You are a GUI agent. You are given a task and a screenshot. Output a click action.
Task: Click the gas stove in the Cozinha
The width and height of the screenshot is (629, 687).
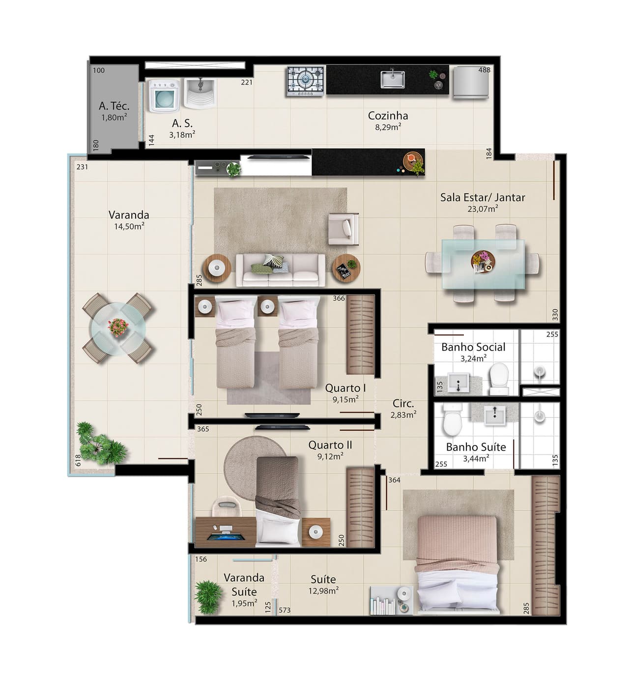point(305,81)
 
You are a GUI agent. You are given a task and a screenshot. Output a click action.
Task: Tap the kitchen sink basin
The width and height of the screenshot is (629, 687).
point(393,79)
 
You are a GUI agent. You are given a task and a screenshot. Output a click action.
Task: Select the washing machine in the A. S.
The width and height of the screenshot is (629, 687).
point(164,96)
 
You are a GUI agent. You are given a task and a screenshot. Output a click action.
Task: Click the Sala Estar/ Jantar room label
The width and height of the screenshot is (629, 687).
point(482,197)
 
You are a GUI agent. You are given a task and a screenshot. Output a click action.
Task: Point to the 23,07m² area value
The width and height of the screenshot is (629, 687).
point(483,209)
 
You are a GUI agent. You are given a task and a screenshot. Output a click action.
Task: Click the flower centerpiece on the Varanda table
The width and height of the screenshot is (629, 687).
point(118,327)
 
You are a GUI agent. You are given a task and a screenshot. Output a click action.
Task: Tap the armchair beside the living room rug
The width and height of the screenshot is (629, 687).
point(343,229)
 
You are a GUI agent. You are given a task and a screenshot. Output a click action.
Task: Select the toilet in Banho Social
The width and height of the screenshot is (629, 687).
point(499,379)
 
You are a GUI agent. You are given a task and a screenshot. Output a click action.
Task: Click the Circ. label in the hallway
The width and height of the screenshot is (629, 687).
point(403,403)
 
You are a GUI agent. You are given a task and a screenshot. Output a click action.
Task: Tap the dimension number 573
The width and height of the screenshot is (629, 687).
point(285,610)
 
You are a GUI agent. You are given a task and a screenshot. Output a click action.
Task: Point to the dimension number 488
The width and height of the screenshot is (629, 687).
point(484,70)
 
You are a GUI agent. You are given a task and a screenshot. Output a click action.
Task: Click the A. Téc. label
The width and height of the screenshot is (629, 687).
point(114,106)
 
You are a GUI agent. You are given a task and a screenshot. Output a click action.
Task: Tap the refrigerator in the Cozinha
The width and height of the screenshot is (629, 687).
point(471,83)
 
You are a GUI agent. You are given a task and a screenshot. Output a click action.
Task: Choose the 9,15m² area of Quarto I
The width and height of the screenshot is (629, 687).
point(345,399)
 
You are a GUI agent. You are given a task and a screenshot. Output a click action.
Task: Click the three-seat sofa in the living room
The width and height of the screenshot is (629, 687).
point(281,269)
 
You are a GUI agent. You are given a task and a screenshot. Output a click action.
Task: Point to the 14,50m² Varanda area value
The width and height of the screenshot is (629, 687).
point(129,226)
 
